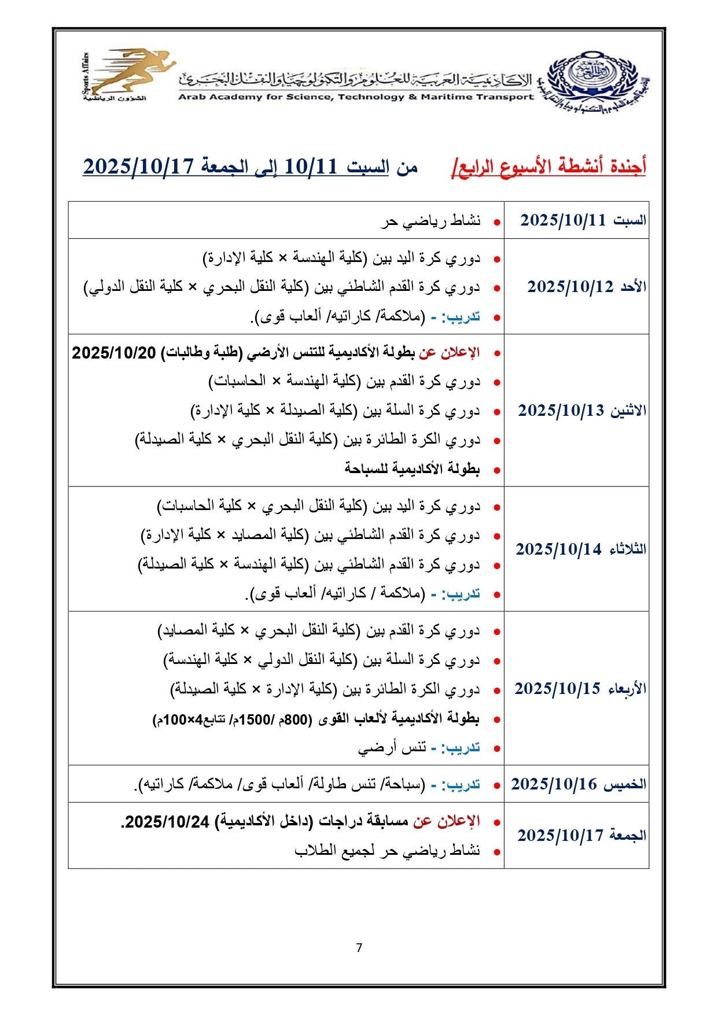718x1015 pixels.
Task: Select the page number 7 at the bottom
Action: [x=359, y=947]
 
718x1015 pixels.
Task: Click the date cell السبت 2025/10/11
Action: [x=583, y=220]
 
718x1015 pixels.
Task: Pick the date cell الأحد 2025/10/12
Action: [x=586, y=287]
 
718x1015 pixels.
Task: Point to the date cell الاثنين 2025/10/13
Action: [x=581, y=411]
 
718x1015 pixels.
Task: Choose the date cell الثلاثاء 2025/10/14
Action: [x=580, y=549]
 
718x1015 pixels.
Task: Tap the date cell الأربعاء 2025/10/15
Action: [x=580, y=689]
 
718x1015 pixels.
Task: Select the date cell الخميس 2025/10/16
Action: [x=578, y=784]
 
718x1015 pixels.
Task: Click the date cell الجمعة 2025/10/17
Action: [x=581, y=835]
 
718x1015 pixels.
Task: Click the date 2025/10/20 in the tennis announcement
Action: [x=114, y=353]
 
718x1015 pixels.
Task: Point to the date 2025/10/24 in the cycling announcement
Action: [x=167, y=822]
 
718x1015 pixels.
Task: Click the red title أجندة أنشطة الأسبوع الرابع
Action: [x=549, y=167]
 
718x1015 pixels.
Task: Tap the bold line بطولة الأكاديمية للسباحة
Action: [x=412, y=468]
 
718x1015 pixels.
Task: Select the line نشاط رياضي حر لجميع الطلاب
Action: [x=387, y=851]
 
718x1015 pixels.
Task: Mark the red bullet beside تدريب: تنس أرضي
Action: [x=496, y=749]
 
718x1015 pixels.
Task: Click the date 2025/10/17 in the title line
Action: [x=138, y=167]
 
